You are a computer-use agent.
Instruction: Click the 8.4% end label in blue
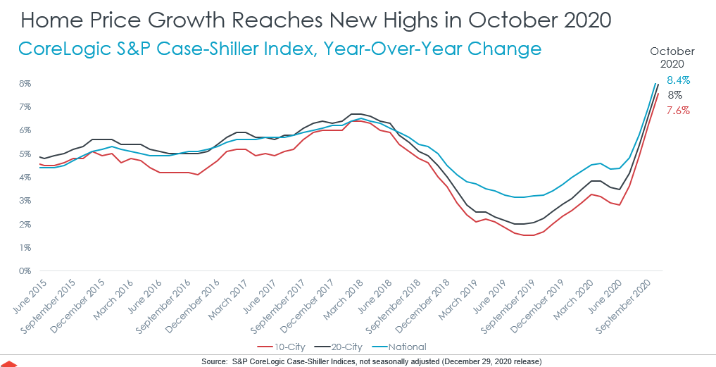(x=678, y=80)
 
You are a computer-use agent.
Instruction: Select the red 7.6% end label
(x=678, y=111)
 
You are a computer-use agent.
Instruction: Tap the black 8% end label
(x=674, y=95)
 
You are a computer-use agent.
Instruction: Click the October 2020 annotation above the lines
(x=672, y=57)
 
